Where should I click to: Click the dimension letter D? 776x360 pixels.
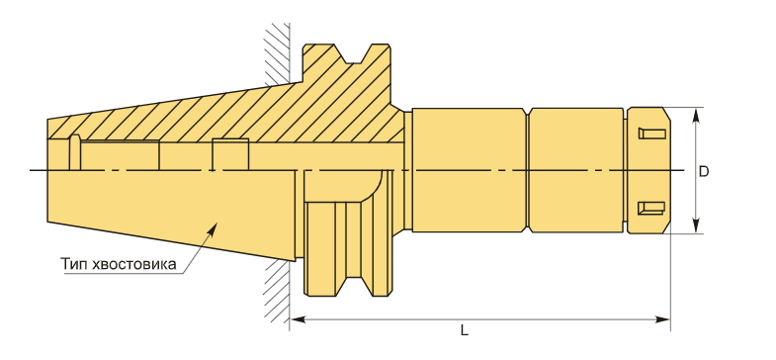click(703, 171)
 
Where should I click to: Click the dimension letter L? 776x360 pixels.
click(464, 330)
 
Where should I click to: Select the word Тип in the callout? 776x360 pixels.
click(73, 264)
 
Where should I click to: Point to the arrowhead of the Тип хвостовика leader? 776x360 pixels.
click(213, 228)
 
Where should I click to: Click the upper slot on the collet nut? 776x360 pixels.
click(651, 134)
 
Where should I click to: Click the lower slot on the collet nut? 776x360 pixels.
click(651, 208)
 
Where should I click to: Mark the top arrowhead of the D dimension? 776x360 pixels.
click(696, 115)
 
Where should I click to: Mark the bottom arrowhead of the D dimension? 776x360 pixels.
click(696, 226)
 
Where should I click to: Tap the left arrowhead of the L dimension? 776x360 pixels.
click(297, 319)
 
